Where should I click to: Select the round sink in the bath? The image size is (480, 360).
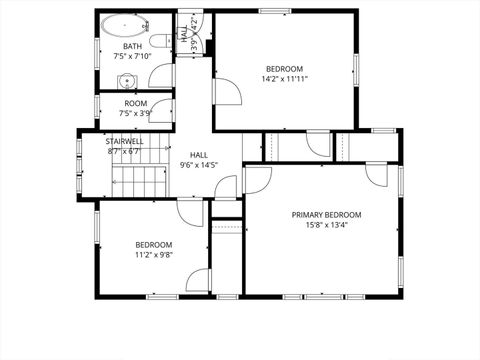click(x=125, y=81)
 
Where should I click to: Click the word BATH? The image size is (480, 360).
click(x=132, y=47)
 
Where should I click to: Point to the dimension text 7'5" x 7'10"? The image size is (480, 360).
click(x=132, y=57)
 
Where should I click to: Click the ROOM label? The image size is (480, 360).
click(x=136, y=104)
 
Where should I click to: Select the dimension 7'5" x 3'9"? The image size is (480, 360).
click(x=136, y=114)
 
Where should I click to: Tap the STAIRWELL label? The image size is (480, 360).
click(x=125, y=142)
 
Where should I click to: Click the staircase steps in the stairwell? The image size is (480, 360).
click(x=141, y=181)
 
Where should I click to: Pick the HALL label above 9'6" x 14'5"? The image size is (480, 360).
click(x=199, y=155)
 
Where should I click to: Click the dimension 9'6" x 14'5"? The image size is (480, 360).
click(x=199, y=165)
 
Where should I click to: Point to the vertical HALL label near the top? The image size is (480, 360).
click(x=184, y=32)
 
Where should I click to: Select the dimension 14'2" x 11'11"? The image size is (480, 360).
click(x=284, y=79)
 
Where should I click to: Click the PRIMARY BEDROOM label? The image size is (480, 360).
click(x=326, y=215)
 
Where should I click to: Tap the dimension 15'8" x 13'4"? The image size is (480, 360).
click(x=326, y=225)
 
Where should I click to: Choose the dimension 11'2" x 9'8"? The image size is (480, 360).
click(x=154, y=255)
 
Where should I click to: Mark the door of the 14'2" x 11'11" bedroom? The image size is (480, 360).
click(x=226, y=91)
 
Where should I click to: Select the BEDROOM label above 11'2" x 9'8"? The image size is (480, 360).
click(x=154, y=245)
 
